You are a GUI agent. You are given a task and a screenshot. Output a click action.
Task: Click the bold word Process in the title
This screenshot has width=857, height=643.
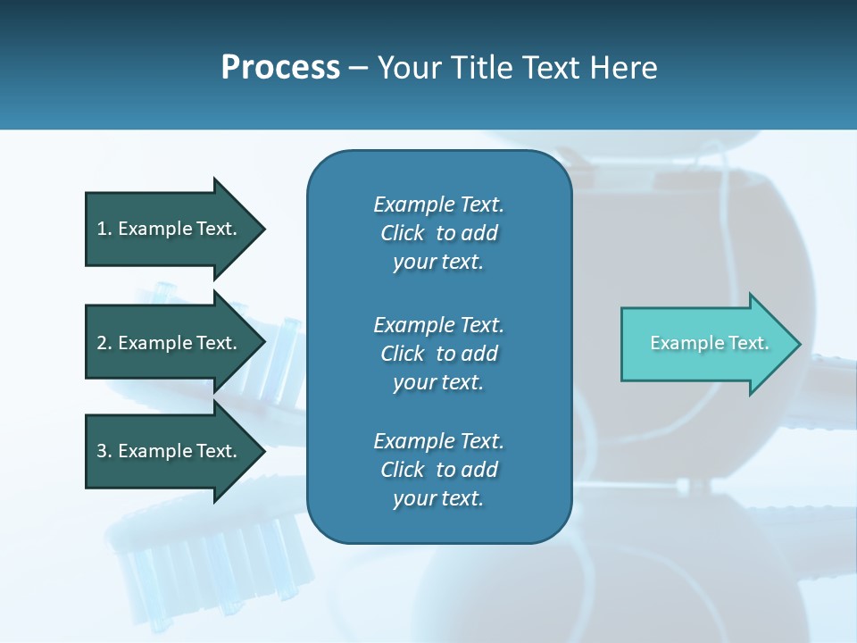(x=280, y=68)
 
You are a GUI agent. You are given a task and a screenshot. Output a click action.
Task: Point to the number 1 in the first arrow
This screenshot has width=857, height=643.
(x=102, y=229)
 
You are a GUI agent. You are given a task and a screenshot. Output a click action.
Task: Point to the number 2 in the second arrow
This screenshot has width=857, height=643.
(x=102, y=343)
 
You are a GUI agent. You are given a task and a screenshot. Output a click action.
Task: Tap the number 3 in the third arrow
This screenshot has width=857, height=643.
(x=102, y=451)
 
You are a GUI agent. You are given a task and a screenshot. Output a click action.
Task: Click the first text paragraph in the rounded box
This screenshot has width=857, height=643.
(x=438, y=233)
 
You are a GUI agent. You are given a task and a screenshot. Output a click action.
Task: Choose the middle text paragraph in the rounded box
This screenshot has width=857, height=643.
(x=438, y=353)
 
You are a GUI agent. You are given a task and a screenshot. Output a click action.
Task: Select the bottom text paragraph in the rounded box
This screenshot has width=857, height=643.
(x=438, y=470)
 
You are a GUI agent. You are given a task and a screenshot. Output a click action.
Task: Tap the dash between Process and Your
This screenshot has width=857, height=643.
(x=358, y=69)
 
